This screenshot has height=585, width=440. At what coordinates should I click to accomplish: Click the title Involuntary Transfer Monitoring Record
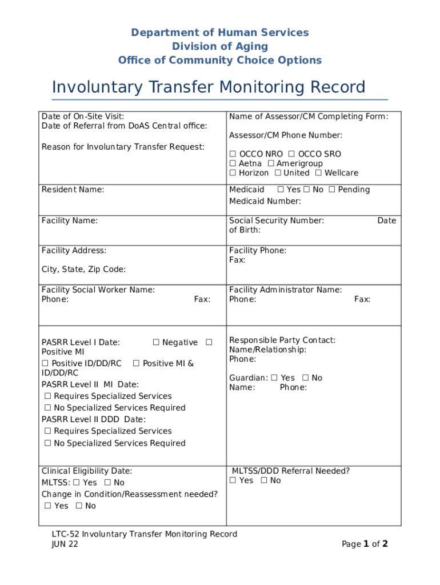coord(209,87)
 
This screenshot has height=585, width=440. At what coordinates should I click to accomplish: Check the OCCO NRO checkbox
coord(233,154)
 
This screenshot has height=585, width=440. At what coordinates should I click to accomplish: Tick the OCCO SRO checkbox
coord(291,154)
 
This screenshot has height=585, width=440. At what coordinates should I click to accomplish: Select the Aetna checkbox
coord(233,164)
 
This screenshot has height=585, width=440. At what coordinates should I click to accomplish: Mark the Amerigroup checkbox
coord(271,164)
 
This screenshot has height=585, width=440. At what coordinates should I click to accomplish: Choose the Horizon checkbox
coord(233,173)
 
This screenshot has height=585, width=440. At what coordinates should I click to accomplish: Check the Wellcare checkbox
coord(318,173)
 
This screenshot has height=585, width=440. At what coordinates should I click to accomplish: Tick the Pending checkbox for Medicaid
coord(331,190)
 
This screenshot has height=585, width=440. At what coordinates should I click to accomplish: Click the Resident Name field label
coord(73,190)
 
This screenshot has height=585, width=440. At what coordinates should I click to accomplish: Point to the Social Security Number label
coord(277,221)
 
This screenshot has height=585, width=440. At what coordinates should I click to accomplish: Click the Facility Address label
coord(74,250)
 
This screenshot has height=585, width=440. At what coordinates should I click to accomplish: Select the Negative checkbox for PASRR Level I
coord(156,343)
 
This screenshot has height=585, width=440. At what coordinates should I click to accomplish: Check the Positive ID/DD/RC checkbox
coord(45,364)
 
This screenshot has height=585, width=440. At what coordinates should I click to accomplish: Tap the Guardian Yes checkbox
coord(274,378)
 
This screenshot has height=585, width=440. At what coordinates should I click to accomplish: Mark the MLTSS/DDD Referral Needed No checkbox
coord(264,480)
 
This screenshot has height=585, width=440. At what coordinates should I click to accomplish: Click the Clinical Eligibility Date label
coord(87,471)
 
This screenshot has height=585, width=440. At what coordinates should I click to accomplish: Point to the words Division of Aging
coord(220,46)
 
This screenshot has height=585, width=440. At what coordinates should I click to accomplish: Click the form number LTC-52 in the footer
coord(64,534)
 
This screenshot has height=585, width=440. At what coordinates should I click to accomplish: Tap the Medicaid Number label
coord(265,201)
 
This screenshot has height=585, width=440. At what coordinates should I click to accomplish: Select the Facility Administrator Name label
coord(285,290)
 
